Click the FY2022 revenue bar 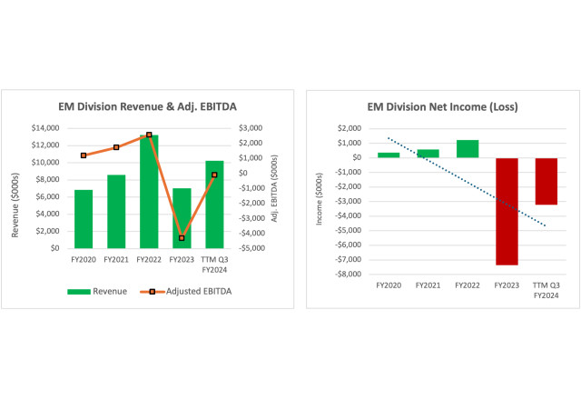point(148,191)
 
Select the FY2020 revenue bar point(84,218)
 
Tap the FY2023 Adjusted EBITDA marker point(181,238)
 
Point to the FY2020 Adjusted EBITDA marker point(84,155)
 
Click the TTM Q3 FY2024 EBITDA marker point(213,175)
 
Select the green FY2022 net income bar point(468,148)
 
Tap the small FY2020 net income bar point(389,155)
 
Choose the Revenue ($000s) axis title point(15,188)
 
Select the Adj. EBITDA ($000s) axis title point(273,188)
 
